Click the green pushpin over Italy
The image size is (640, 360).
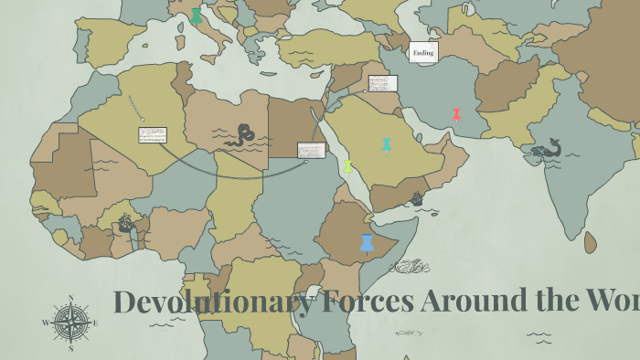pos(196,16)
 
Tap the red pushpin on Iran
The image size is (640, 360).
pos(456,114)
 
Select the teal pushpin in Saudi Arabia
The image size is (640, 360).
pos(387,144)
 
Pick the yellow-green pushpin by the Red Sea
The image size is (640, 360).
pos(347,166)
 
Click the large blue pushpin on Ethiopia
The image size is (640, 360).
pos(367,242)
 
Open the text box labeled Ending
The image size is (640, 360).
pos(423,52)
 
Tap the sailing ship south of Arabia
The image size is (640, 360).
pos(417,198)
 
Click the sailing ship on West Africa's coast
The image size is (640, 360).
pos(126,223)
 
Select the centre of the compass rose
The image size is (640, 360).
pos(70,323)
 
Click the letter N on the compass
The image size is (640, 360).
pos(70,298)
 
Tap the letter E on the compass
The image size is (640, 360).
pos(95,323)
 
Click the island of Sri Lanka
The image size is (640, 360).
pos(590,241)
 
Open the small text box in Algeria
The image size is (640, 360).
pos(153,134)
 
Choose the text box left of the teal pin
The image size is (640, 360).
pos(311,149)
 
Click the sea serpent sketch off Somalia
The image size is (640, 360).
pos(409,266)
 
